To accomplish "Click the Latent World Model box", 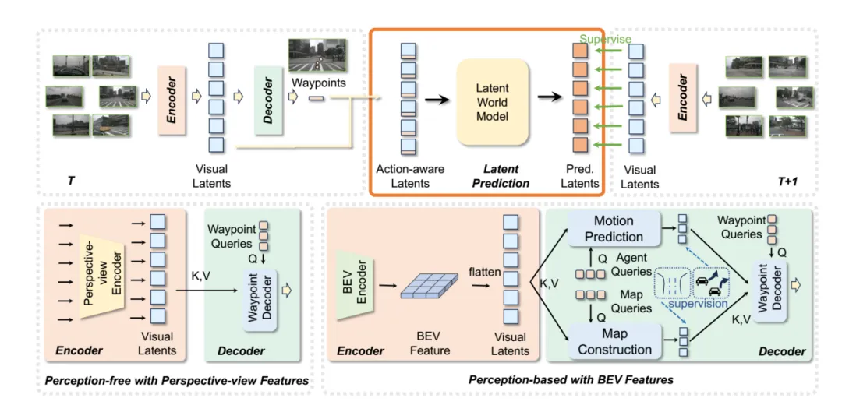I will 492,103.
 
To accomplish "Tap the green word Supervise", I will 606,39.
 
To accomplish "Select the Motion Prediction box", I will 614,229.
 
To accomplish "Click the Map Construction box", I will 614,342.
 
